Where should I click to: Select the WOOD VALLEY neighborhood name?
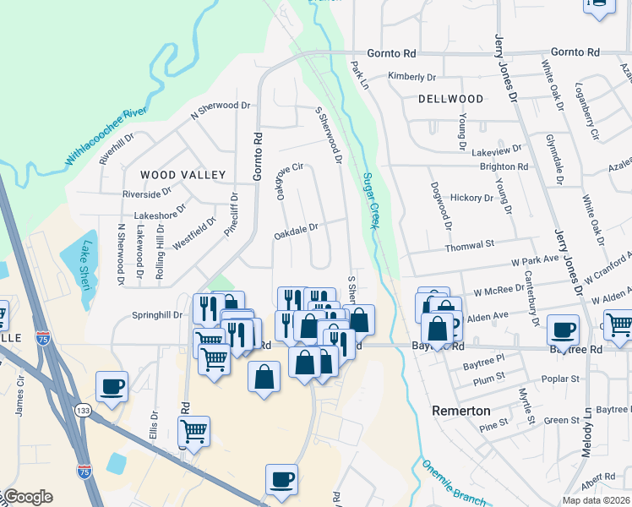pos(183,175)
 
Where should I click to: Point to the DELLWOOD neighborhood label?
pos(450,99)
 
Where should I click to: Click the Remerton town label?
pos(460,410)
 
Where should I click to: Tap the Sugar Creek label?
pos(369,201)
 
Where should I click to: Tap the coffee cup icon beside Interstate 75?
pos(112,387)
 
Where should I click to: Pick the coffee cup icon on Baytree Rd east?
pos(563,330)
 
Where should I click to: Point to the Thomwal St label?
pos(471,244)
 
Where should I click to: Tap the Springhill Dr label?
pos(157,315)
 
